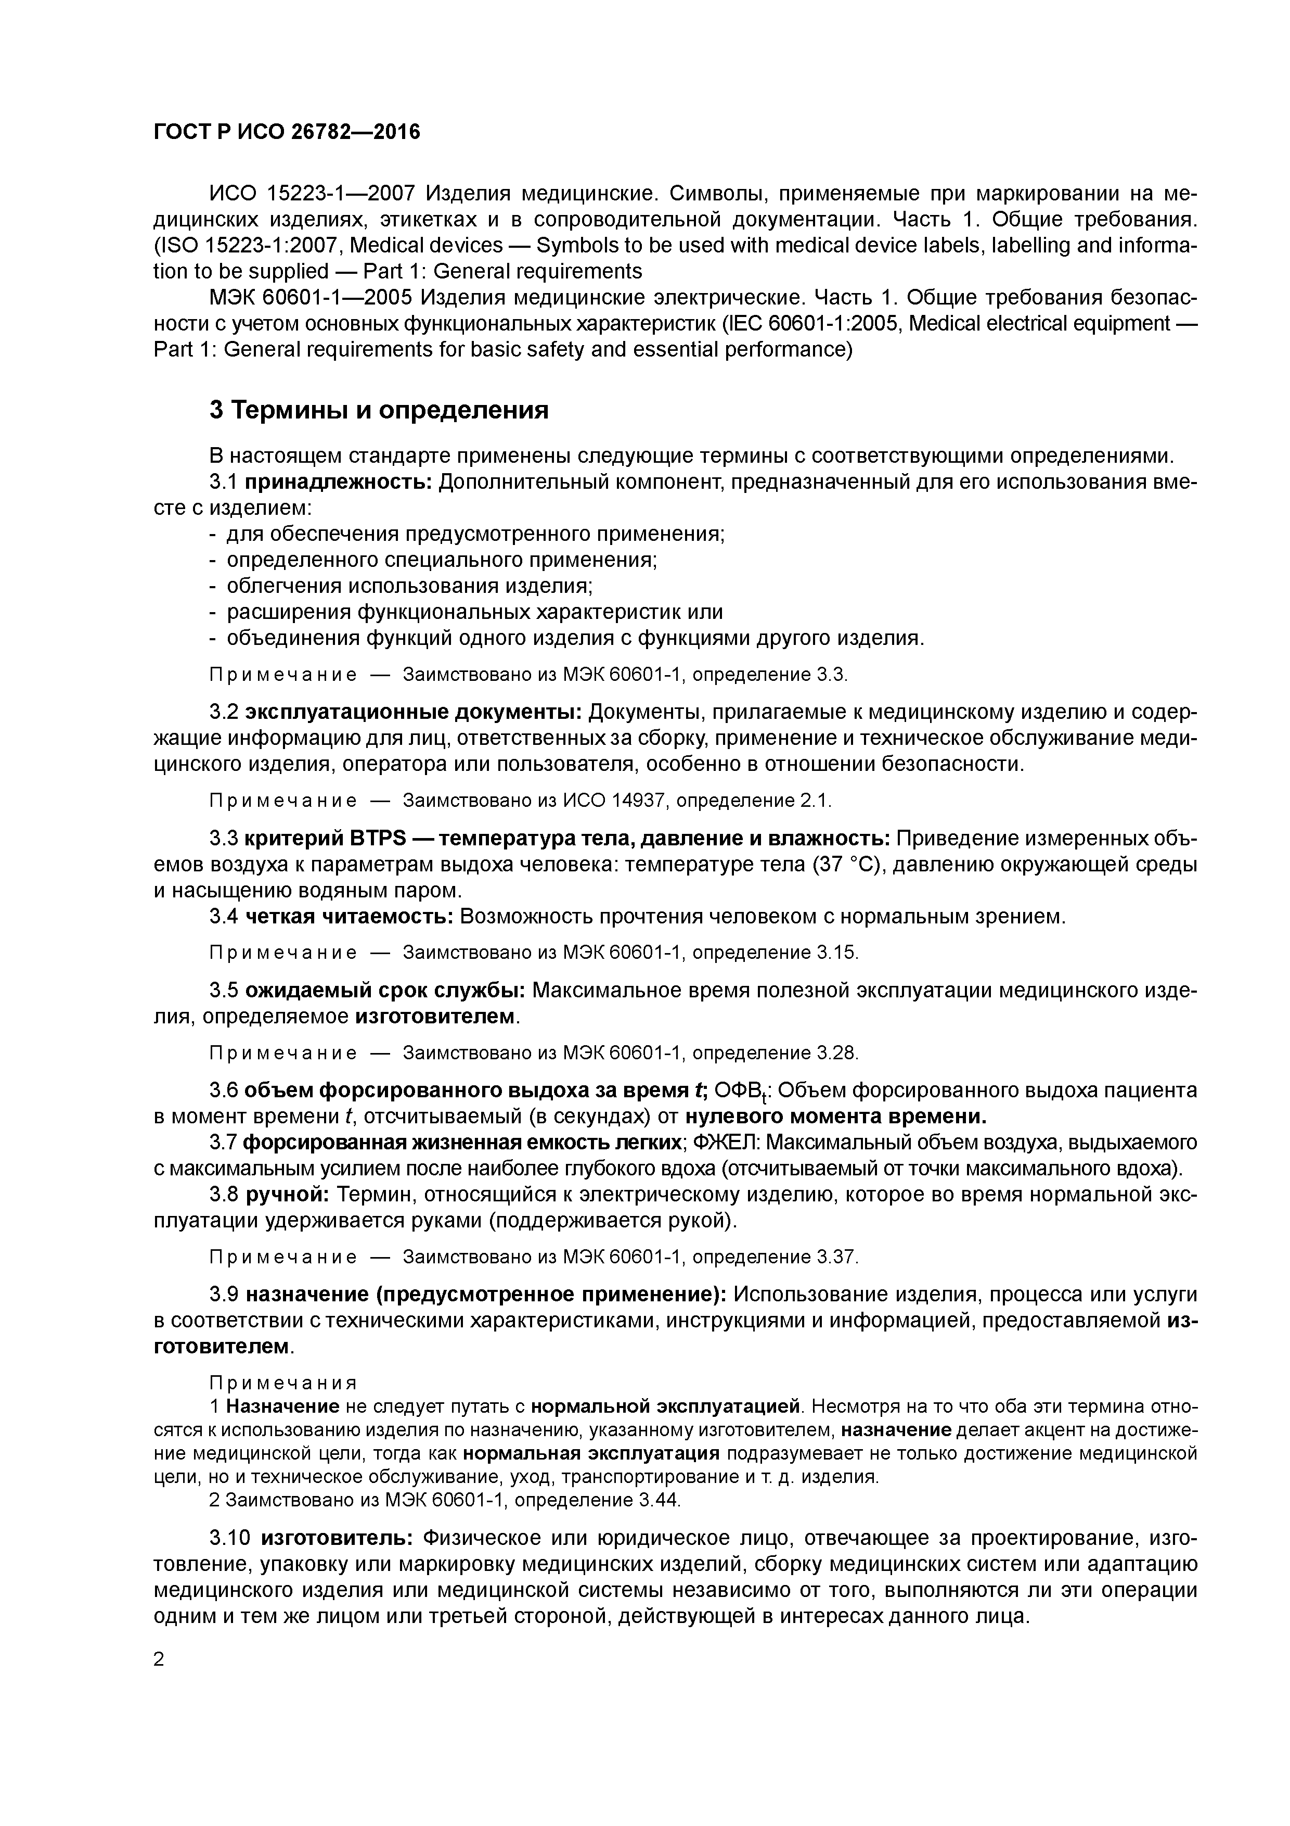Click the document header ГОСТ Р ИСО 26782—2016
pyautogui.click(x=286, y=132)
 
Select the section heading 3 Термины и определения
pyautogui.click(x=379, y=410)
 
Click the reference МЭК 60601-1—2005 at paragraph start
pyautogui.click(x=310, y=298)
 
